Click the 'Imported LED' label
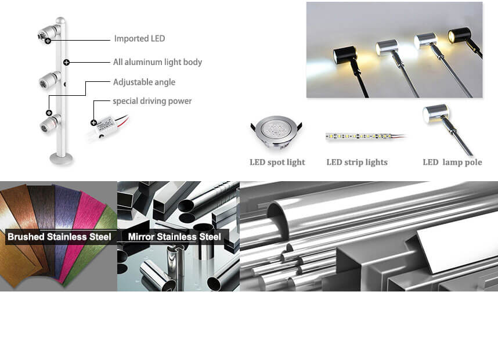pos(139,39)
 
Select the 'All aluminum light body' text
pos(157,62)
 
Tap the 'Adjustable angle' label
pos(144,82)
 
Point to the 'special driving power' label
pos(152,101)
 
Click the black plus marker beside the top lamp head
pos(47,41)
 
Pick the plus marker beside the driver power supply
pos(93,123)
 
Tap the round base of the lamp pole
pos(61,158)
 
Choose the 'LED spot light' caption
pos(277,162)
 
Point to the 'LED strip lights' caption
pos(357,162)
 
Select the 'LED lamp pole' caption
pos(452,162)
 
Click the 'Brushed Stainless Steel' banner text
pos(59,237)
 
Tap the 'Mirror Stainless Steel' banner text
pos(174,237)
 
